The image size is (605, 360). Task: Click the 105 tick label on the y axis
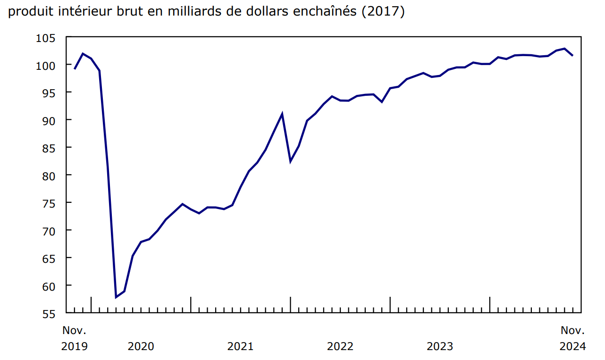point(45,37)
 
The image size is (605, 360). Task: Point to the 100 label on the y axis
point(45,65)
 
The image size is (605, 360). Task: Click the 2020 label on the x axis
point(141,346)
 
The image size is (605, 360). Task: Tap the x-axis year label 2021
point(240,346)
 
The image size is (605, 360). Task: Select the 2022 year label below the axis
point(340,346)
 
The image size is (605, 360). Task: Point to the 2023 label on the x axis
point(440,346)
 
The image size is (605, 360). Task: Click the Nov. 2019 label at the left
point(75,338)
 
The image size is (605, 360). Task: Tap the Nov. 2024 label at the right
point(572,338)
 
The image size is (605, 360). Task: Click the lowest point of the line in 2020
point(116,297)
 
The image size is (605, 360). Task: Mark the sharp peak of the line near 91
point(282,114)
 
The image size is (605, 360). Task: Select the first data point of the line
point(75,69)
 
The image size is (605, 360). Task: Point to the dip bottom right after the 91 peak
point(290,161)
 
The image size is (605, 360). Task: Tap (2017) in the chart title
point(382,12)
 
